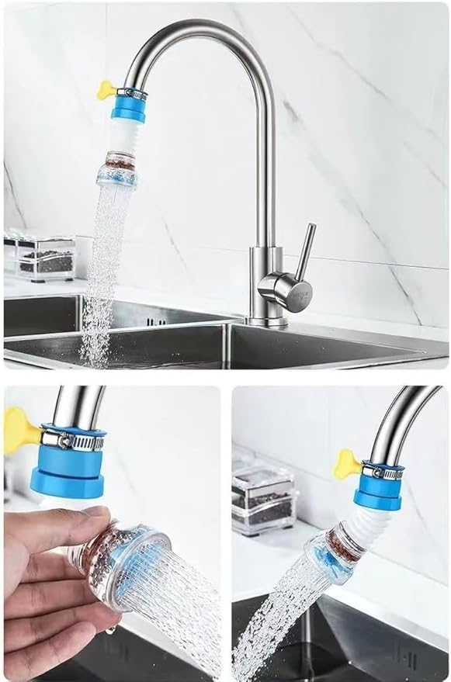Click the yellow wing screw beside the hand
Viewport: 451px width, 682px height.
(x=19, y=431)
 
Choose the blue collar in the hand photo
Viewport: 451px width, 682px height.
(x=68, y=473)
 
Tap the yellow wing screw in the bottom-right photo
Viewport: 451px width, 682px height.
(x=345, y=464)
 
